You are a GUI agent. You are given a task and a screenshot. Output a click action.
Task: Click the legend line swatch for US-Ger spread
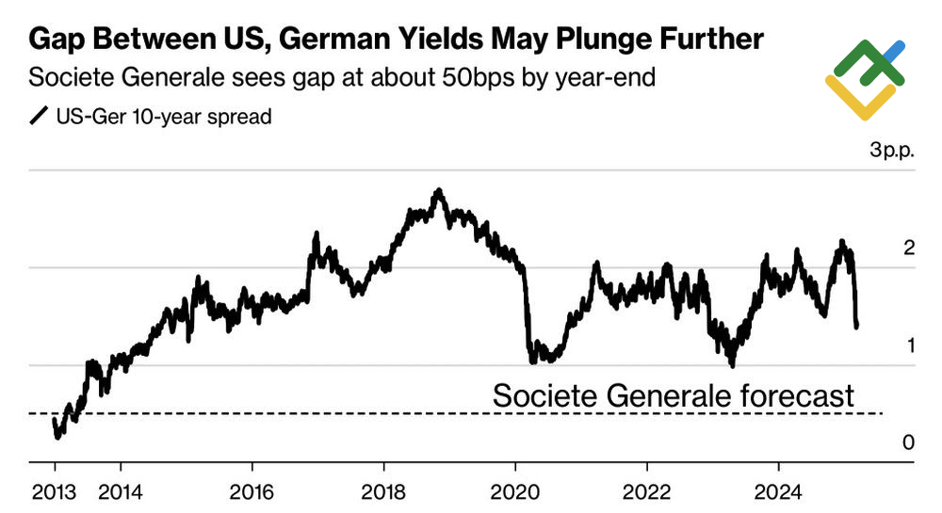pos(39,118)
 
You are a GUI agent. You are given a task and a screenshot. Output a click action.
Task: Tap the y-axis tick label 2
pos(909,248)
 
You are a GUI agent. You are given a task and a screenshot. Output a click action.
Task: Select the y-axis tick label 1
pos(909,345)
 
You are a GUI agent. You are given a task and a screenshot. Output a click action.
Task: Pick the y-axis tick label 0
pos(909,442)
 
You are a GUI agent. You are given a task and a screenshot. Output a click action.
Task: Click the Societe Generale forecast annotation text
pos(673,396)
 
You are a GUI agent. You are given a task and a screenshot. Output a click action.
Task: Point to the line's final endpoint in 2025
pos(857,327)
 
